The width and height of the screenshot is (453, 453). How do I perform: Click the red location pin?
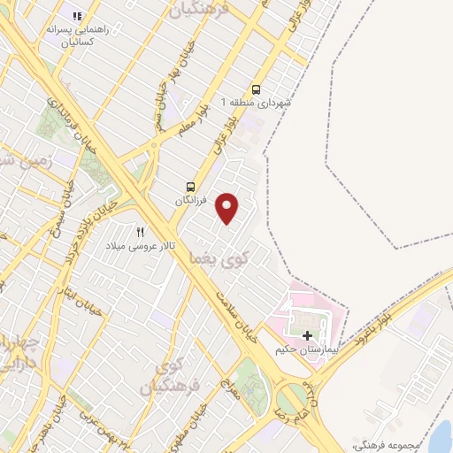228,209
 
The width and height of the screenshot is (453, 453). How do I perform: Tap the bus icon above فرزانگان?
190,187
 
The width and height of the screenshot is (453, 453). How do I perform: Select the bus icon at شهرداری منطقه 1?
257,89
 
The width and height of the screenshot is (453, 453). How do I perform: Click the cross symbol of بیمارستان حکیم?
308,335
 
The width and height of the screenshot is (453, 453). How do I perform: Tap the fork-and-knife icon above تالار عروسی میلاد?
140,232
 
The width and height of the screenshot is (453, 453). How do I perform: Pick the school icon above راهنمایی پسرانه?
77,17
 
